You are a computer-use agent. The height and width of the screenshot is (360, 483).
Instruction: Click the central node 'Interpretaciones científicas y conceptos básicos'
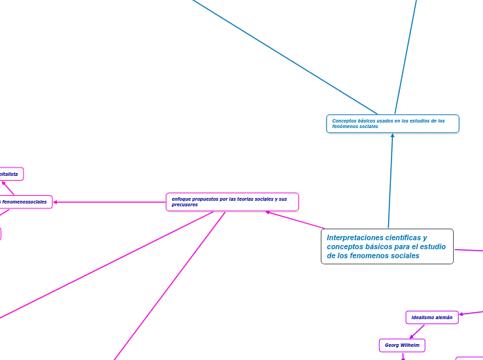[387, 246]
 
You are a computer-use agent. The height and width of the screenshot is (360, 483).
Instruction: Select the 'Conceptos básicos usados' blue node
[392, 123]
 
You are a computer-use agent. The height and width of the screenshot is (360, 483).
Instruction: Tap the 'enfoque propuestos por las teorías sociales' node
[232, 201]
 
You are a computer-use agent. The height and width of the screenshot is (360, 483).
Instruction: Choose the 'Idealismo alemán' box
[432, 317]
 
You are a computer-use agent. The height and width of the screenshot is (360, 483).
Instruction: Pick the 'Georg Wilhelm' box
[402, 345]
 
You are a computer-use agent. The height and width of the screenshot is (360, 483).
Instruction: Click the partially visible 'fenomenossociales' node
[25, 202]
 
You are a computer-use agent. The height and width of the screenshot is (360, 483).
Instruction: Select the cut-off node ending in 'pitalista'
[10, 174]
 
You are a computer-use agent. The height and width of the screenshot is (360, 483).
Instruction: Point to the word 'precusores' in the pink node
[185, 205]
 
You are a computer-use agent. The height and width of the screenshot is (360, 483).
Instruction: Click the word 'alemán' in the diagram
[444, 317]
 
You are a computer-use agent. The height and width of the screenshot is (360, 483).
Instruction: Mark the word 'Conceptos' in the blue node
[345, 120]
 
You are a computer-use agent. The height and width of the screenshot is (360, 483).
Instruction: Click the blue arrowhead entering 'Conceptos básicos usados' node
[392, 136]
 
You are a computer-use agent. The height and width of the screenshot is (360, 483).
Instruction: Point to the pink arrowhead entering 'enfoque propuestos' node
[268, 213]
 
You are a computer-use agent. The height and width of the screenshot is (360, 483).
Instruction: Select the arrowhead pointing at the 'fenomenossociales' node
[55, 202]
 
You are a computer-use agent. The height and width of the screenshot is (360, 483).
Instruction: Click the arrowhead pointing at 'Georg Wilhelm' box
[411, 336]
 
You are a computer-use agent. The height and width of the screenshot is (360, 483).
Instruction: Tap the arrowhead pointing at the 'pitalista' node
[3, 183]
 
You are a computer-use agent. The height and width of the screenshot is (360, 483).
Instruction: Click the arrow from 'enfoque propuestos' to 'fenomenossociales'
[111, 202]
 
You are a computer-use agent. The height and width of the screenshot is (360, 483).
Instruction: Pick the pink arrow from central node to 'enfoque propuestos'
[295, 220]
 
